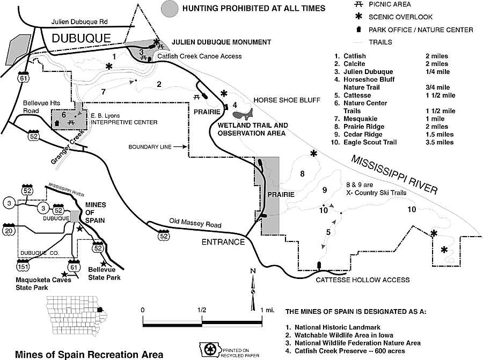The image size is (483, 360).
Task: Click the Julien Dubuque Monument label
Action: point(221,42)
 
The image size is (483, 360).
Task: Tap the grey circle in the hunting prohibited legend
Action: point(170,8)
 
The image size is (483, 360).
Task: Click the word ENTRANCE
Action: point(223,242)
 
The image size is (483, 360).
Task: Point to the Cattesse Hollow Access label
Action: point(362,280)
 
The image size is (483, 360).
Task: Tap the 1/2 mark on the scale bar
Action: point(202,310)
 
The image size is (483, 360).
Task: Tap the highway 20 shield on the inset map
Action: point(10,231)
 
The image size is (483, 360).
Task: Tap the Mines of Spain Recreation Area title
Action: point(90,354)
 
